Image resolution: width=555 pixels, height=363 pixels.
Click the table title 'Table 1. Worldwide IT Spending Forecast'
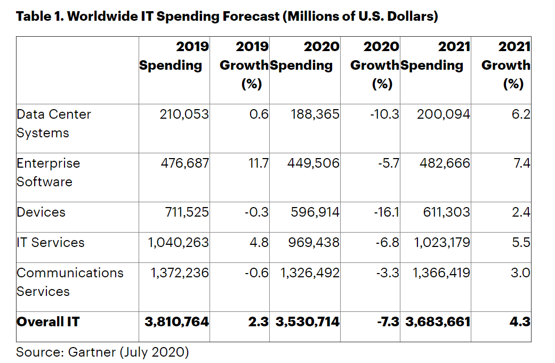pyautogui.click(x=227, y=16)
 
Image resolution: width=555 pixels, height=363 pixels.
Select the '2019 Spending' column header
pyautogui.click(x=174, y=56)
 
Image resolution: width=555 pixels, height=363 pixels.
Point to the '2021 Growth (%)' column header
pyautogui.click(x=506, y=65)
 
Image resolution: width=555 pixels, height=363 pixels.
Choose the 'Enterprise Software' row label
pyautogui.click(x=48, y=172)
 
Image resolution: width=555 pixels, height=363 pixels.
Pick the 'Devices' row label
pyautogui.click(x=41, y=212)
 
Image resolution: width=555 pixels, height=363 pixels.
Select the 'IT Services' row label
pyautogui.click(x=51, y=243)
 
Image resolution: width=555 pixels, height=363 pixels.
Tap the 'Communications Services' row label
pyautogui.click(x=69, y=282)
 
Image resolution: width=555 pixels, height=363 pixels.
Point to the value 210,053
pyautogui.click(x=184, y=114)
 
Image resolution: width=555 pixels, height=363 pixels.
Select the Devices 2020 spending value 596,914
pyautogui.click(x=315, y=212)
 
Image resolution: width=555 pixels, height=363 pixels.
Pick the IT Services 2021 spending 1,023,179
pyautogui.click(x=442, y=243)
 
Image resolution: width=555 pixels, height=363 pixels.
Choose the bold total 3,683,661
pyautogui.click(x=438, y=322)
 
